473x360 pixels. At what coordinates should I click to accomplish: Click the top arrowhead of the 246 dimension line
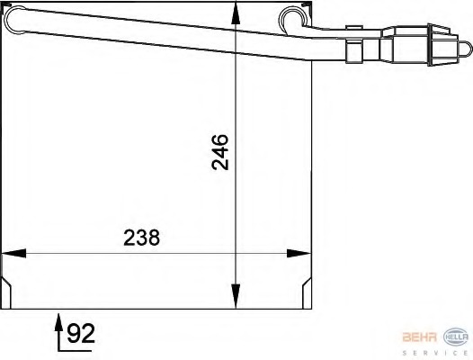(x=236, y=11)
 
